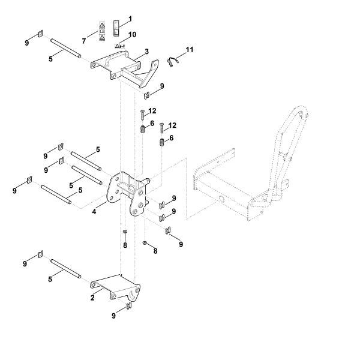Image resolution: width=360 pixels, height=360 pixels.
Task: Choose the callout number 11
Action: pyautogui.click(x=190, y=49)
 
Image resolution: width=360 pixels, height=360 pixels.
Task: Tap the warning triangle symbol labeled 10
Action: pyautogui.click(x=118, y=45)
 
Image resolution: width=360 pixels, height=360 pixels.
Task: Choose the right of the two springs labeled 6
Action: pyautogui.click(x=162, y=143)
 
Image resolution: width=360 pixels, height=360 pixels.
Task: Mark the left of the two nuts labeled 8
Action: pyautogui.click(x=124, y=231)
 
